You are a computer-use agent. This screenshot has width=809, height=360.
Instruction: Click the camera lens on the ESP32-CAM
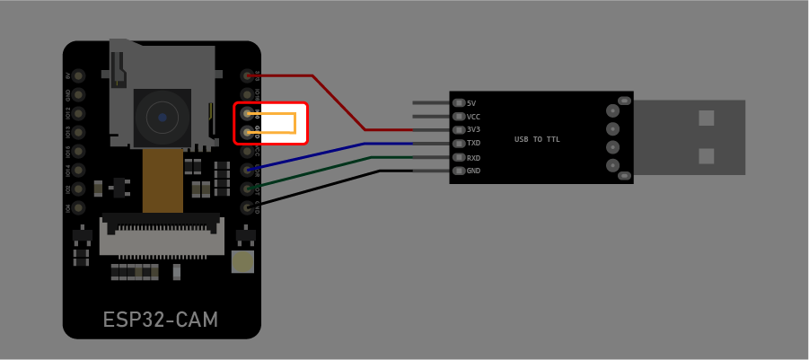pos(163,117)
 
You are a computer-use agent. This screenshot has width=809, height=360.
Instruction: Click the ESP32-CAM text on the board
pos(161,320)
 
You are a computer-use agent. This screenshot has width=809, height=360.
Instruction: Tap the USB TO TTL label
pos(537,139)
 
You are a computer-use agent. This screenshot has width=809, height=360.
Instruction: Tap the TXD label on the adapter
pos(473,143)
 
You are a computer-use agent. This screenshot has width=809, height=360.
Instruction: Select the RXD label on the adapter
pos(473,157)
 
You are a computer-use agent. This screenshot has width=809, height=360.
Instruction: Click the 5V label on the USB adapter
pos(471,103)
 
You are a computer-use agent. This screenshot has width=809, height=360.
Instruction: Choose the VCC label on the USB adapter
pos(473,117)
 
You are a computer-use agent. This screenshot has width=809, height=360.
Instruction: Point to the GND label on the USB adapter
pos(473,171)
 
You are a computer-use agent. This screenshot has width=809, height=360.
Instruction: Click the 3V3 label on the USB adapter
pos(473,129)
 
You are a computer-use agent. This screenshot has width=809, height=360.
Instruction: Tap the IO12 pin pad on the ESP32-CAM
pos(79,113)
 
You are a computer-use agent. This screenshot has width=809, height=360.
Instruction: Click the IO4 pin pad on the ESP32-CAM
pos(79,207)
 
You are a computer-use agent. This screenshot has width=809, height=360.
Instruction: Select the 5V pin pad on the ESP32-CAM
pos(79,75)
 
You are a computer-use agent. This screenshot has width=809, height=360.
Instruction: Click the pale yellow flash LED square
pos(242,261)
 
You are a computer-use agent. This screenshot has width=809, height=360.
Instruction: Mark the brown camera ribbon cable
pos(163,180)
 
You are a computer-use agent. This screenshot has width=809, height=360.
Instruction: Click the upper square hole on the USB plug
pos(707,118)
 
